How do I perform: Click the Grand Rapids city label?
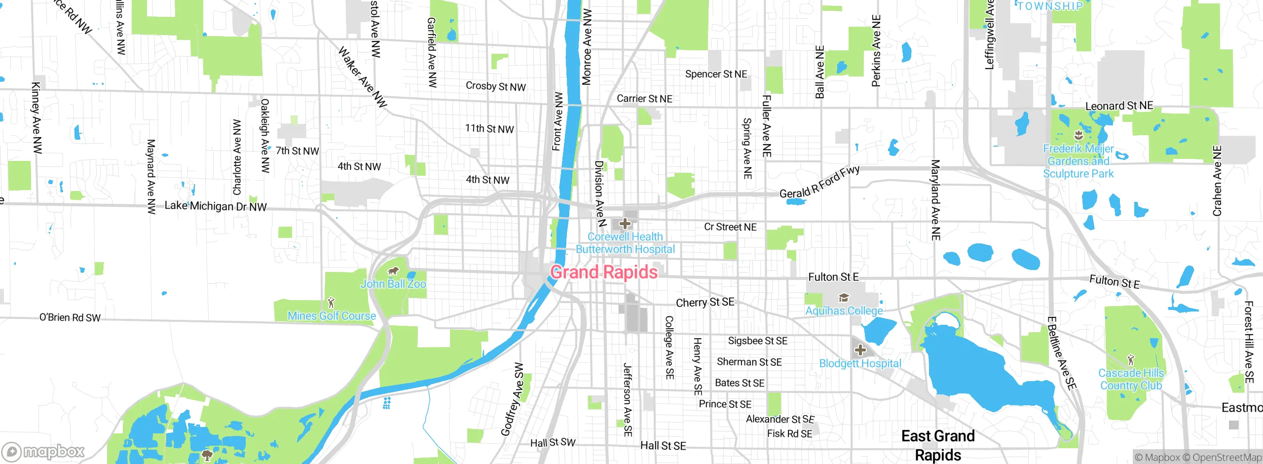(x=604, y=272)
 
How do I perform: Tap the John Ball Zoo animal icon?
(x=393, y=271)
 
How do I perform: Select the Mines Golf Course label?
(x=332, y=316)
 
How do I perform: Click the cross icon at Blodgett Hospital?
(x=860, y=350)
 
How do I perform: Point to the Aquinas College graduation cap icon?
(x=844, y=298)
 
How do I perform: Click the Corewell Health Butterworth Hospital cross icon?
(x=625, y=224)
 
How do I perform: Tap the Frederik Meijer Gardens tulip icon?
(x=1078, y=135)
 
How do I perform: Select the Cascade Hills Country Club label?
(x=1131, y=379)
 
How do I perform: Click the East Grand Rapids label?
(x=938, y=445)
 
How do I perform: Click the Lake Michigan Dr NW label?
(x=216, y=206)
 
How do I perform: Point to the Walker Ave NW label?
(x=363, y=77)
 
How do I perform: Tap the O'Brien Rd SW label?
(x=70, y=317)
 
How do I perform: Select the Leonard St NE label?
(x=1119, y=106)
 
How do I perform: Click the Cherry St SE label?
(x=705, y=303)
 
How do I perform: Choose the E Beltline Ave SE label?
(x=1062, y=353)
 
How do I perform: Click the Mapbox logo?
(x=43, y=451)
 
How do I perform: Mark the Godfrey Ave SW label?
(x=513, y=400)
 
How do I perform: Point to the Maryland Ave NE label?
(x=935, y=200)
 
